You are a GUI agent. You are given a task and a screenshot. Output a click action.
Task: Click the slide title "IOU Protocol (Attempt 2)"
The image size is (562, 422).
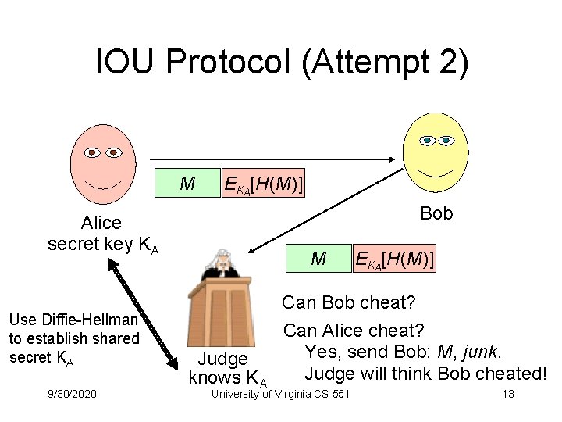281,63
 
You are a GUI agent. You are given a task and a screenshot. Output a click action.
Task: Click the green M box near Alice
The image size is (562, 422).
187,184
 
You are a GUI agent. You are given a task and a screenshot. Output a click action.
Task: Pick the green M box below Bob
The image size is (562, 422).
318,257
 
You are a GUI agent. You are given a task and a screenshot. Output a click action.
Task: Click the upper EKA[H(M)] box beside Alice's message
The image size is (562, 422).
263,184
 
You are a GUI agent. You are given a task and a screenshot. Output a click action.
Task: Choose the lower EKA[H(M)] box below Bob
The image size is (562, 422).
394,257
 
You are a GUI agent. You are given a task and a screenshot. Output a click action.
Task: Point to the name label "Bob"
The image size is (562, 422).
436,213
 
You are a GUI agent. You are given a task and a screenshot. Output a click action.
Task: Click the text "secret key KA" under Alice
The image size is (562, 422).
103,245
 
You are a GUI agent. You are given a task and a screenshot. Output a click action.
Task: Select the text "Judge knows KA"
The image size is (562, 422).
227,369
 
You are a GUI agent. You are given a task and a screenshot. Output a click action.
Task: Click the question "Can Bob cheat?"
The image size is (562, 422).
348,302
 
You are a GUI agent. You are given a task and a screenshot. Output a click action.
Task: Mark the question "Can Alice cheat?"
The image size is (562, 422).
354,331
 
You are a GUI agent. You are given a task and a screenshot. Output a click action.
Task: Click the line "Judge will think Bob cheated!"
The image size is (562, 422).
425,373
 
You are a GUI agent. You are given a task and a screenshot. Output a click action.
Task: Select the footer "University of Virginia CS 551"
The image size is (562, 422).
281,394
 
